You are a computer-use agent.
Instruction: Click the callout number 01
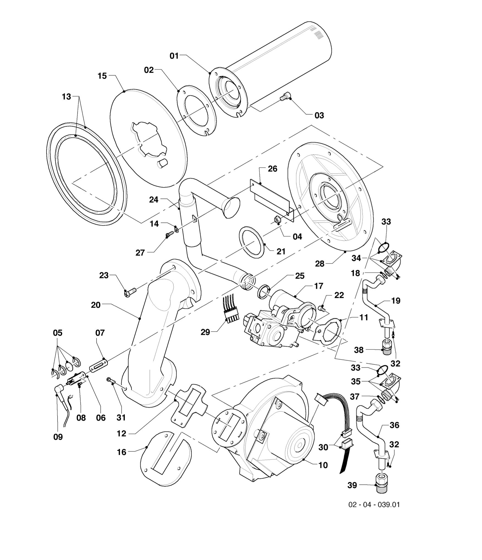pyautogui.click(x=174, y=56)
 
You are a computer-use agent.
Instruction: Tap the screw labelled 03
pyautogui.click(x=283, y=97)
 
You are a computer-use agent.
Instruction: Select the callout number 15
pyautogui.click(x=102, y=76)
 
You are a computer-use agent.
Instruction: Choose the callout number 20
pyautogui.click(x=96, y=305)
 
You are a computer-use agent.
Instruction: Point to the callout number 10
pyautogui.click(x=323, y=465)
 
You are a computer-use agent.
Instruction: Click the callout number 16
pyautogui.click(x=121, y=452)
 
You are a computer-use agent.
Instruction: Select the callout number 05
pyautogui.click(x=58, y=333)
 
